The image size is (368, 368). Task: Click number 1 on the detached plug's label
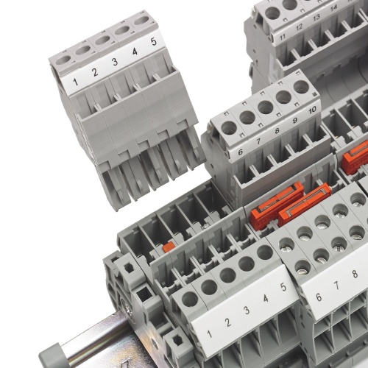(76, 82)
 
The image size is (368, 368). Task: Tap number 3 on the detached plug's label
(115, 62)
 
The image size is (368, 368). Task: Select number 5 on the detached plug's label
(154, 41)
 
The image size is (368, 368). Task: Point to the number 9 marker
(295, 120)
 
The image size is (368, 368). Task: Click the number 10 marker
(312, 110)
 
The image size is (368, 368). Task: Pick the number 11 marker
(283, 37)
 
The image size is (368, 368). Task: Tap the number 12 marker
(299, 27)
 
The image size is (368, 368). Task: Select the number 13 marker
(316, 17)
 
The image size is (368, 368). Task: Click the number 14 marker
(333, 8)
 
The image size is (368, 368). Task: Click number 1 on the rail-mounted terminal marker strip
(209, 334)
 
